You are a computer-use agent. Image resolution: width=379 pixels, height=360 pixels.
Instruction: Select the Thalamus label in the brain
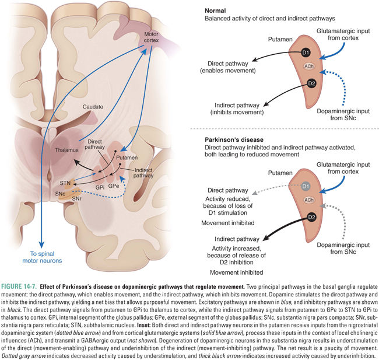click(66, 151)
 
